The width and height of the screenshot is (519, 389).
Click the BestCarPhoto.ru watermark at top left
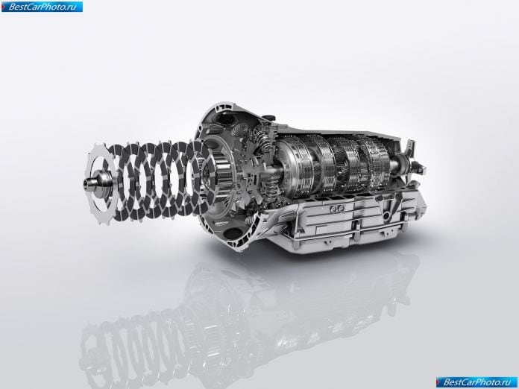point(42,7)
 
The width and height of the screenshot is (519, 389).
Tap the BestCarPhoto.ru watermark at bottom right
point(476,382)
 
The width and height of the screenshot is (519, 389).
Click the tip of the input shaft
point(85,183)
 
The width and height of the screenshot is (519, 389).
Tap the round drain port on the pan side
point(386,215)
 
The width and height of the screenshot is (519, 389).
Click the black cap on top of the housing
point(270,117)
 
